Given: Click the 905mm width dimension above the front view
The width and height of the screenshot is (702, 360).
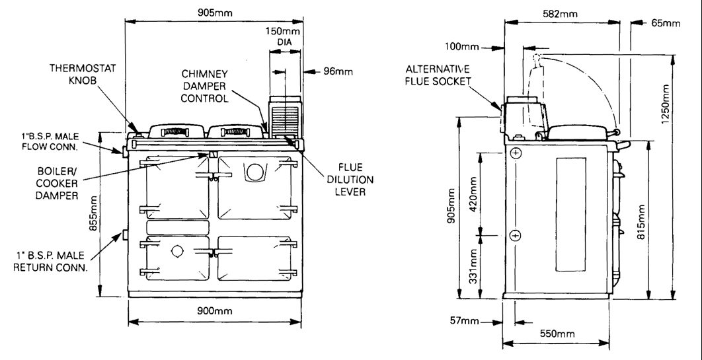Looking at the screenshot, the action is pos(215,13).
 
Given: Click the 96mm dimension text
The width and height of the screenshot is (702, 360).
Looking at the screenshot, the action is pos(338,71).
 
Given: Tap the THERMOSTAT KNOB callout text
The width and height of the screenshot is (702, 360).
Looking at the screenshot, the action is pos(83,74).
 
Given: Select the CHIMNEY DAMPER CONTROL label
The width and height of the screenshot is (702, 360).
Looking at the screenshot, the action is pos(205,86).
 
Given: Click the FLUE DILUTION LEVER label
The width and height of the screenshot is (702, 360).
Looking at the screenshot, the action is pos(350,180).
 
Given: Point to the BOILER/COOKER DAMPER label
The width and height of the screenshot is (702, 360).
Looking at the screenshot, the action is pos(56,184).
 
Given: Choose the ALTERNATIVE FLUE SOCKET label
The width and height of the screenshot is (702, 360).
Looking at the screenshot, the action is pos(438,75).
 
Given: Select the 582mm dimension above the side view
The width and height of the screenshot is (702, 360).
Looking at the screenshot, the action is pos(560,14).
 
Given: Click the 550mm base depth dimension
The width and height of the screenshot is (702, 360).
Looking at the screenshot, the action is pos(557,334).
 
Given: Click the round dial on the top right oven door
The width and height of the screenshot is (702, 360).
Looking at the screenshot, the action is pos(254,172).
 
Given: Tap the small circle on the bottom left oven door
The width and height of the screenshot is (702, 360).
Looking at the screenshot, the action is pos(177,251).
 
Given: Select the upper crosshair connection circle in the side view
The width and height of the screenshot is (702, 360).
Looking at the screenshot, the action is pos(516,153).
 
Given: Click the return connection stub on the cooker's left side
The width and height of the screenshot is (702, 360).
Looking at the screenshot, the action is pos(125,234).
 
